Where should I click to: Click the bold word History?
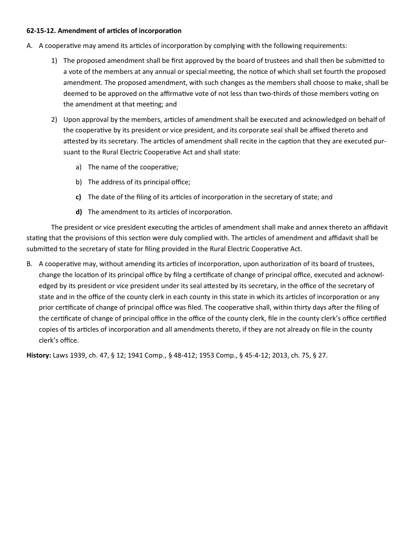click(x=39, y=355)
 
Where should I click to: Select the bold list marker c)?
click(x=79, y=197)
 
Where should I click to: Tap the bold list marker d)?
click(x=79, y=212)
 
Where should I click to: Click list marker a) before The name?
click(x=79, y=167)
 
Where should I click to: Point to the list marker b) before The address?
click(x=79, y=182)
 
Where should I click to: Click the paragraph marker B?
click(x=29, y=264)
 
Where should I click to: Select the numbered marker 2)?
click(x=54, y=120)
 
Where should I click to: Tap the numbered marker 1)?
click(x=54, y=61)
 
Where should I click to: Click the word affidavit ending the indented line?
click(x=374, y=227)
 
